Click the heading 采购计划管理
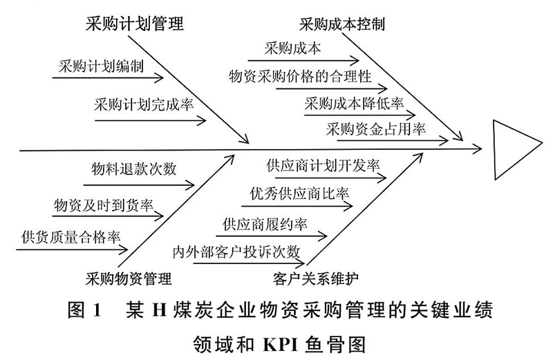[134, 24]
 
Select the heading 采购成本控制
[341, 25]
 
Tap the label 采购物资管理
[129, 279]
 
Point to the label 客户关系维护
[316, 279]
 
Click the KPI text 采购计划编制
[101, 66]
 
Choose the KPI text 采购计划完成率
[144, 104]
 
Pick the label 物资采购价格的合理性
[300, 76]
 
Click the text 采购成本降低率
[354, 104]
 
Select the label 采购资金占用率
[375, 129]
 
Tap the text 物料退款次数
[133, 169]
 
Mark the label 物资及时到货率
[103, 205]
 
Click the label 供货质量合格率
[71, 237]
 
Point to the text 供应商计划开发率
[323, 165]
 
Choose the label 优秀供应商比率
[299, 193]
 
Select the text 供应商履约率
[265, 225]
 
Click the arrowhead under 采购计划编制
[159, 78]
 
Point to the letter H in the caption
[159, 311]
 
